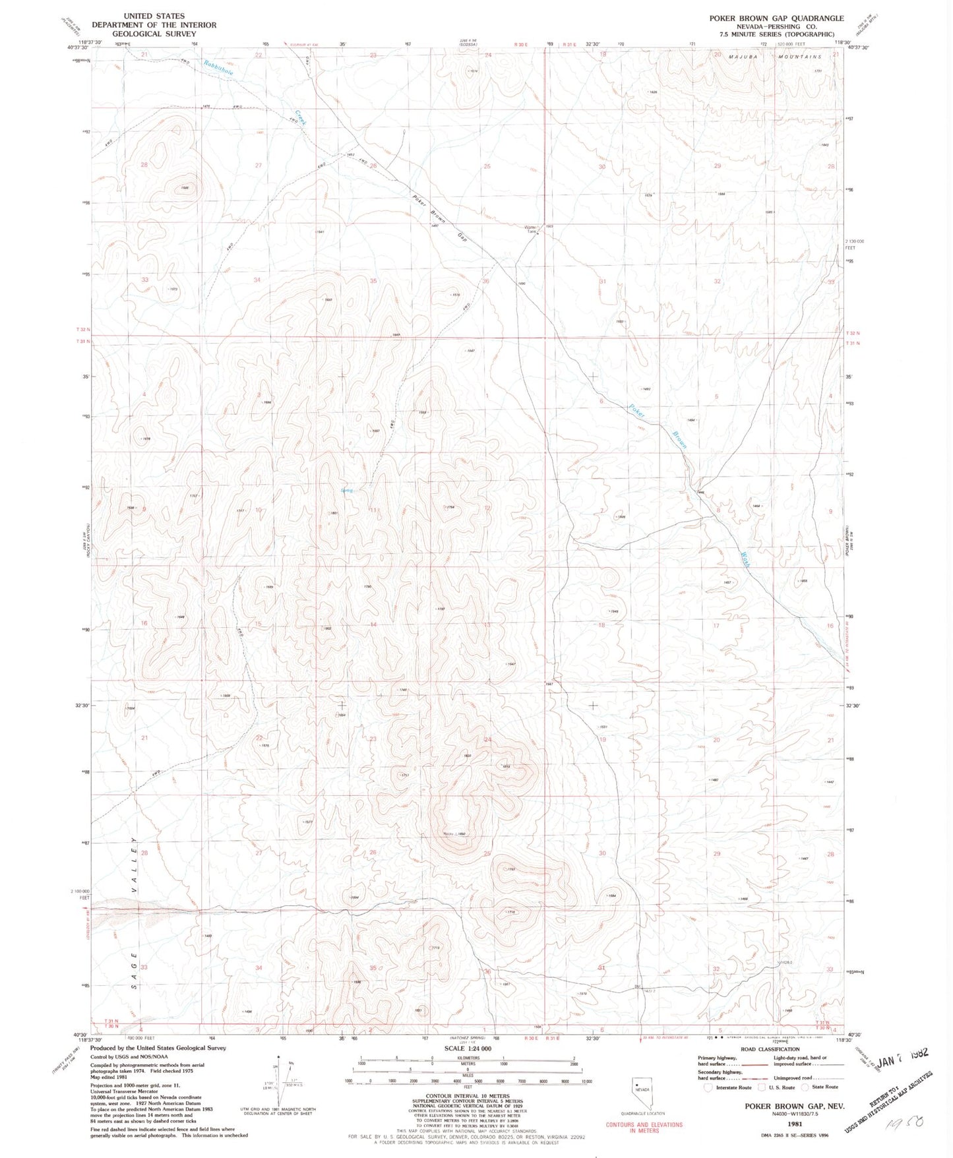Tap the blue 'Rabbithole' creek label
pyautogui.click(x=218, y=67)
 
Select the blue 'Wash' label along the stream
pyautogui.click(x=745, y=559)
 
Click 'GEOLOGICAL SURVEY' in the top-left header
pyautogui.click(x=154, y=34)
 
